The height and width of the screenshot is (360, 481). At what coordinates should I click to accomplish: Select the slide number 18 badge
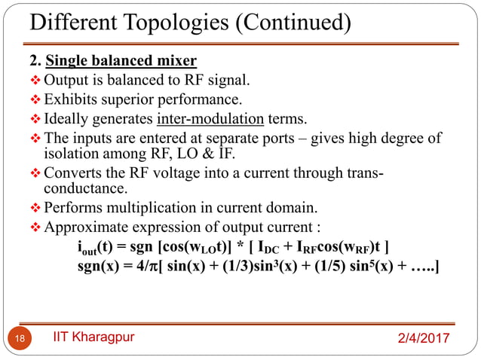pyautogui.click(x=20, y=338)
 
